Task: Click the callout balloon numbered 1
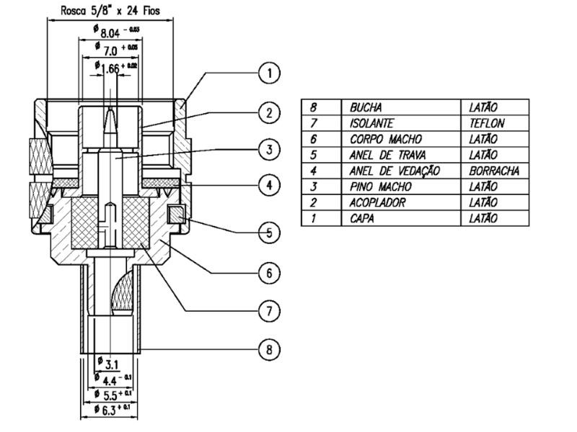268,73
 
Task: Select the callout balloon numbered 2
268,112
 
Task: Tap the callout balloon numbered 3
268,150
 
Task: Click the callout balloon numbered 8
268,350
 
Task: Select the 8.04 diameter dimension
118,31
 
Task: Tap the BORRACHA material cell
494,171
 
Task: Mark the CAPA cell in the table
362,218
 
